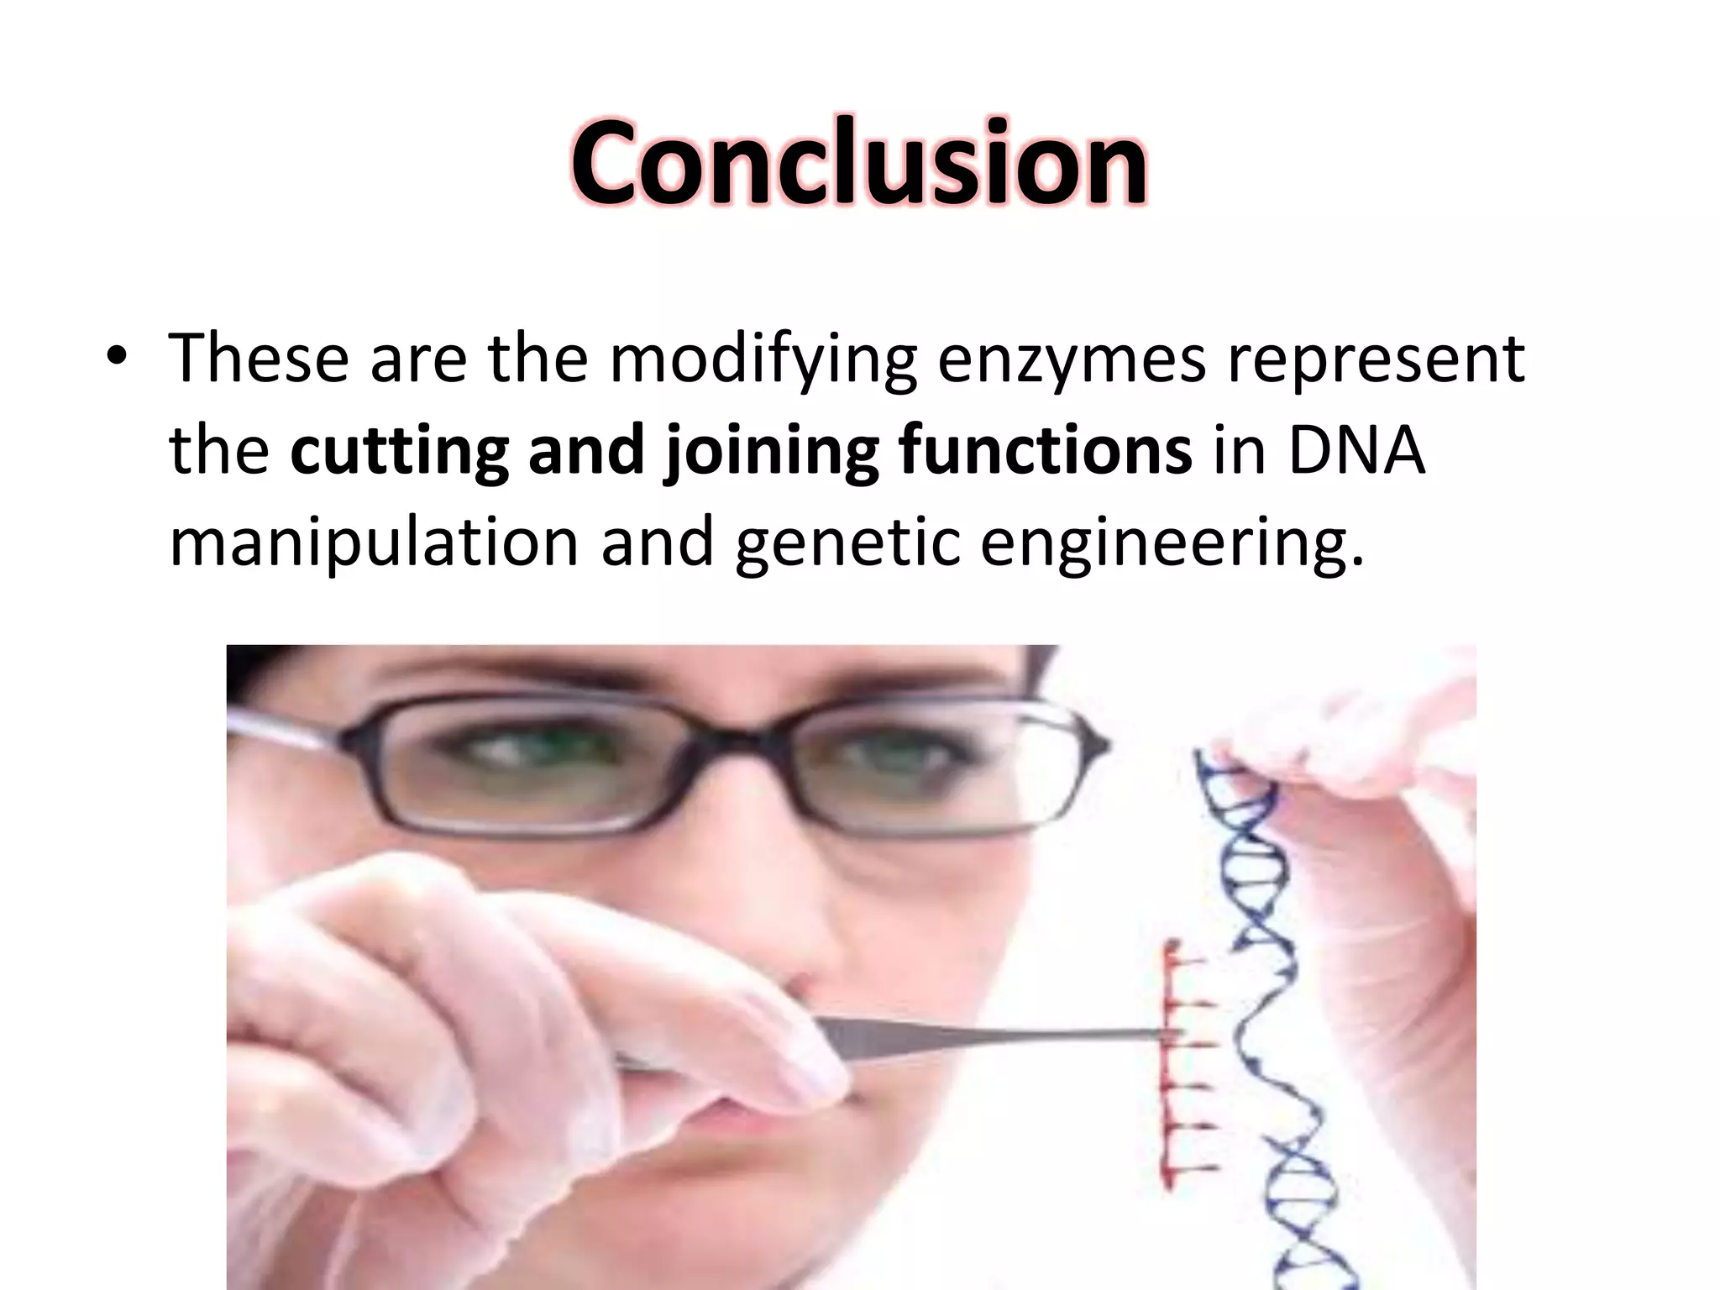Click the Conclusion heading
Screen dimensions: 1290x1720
point(859,161)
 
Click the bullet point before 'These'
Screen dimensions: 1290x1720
point(117,358)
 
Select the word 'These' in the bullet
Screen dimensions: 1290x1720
point(259,359)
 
